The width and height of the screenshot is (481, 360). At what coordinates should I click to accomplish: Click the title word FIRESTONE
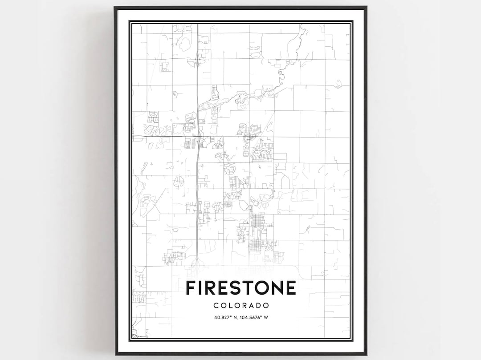pos(240,288)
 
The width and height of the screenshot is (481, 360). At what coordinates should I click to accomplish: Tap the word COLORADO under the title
pos(240,306)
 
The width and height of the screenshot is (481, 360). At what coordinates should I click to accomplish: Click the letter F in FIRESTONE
pos(190,288)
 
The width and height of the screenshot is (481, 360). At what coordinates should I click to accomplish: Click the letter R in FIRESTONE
pos(208,288)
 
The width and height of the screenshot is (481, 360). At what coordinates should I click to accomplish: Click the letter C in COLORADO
pos(216,306)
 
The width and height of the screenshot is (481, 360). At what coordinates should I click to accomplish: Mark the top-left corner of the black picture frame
pos(114,7)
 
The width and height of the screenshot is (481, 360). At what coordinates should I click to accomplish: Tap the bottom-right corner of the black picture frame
pos(366,354)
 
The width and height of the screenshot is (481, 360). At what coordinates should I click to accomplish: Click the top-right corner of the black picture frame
pos(366,7)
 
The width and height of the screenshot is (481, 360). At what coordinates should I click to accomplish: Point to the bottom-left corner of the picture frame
pos(115,354)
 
